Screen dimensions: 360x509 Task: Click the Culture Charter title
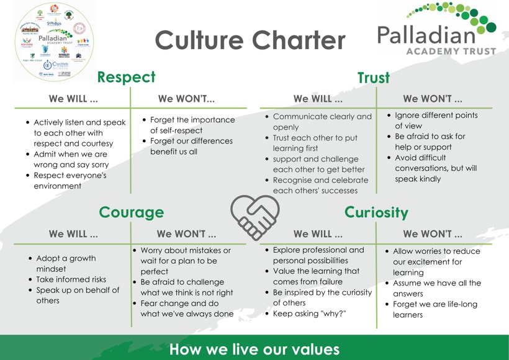click(250, 41)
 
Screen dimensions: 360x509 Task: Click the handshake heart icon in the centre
click(254, 217)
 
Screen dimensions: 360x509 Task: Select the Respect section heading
click(126, 77)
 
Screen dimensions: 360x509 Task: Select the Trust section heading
click(373, 78)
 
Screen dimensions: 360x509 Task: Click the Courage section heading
click(131, 212)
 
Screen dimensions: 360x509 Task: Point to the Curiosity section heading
click(376, 212)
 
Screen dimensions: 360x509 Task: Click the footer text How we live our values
click(254, 349)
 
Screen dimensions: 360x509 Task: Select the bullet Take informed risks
click(71, 279)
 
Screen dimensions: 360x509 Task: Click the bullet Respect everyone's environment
click(70, 181)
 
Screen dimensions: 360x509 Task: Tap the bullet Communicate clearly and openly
click(322, 122)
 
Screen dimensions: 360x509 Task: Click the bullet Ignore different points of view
click(436, 120)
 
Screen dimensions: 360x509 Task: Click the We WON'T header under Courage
click(186, 234)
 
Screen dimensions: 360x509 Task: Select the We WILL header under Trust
click(317, 99)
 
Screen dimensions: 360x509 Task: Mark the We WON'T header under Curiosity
click(432, 234)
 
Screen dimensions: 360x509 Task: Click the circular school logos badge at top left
click(54, 41)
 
